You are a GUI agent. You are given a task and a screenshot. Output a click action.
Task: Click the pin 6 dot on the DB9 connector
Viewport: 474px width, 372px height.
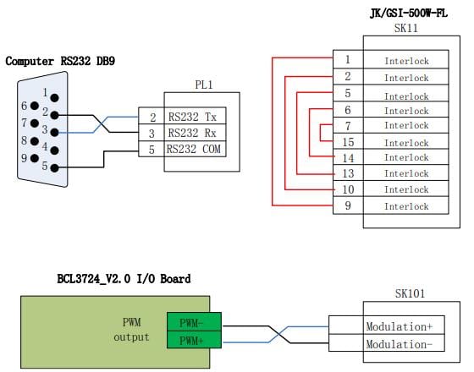tap(35, 106)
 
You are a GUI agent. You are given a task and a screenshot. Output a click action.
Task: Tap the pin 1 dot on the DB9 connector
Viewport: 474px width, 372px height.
tap(55, 98)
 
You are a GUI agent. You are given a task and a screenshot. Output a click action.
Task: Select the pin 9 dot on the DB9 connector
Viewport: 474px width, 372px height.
tap(35, 158)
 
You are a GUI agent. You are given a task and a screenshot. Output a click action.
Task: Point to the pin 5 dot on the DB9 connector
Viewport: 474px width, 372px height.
tap(54, 168)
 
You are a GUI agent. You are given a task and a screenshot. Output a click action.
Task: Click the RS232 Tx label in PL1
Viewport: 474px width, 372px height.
tap(192, 117)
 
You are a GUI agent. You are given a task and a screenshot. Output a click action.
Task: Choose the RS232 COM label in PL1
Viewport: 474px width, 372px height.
tap(194, 149)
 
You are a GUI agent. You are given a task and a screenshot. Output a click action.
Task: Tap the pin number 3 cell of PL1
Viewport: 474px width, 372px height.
tap(152, 134)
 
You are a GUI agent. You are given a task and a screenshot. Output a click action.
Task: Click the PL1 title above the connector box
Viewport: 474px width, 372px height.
tap(204, 85)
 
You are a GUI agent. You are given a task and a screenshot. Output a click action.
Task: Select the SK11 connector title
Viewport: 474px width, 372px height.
tap(406, 28)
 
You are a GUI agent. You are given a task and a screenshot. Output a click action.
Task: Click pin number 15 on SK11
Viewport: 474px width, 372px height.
tap(348, 142)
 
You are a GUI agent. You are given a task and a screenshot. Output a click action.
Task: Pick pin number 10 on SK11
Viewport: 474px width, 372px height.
tap(348, 189)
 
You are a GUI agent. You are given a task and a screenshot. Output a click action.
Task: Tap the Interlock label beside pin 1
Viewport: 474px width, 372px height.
tap(406, 61)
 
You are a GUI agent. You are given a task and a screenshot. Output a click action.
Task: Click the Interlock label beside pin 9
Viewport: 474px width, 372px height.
tap(406, 206)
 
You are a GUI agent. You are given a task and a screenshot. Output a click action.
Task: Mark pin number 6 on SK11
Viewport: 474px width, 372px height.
tap(348, 110)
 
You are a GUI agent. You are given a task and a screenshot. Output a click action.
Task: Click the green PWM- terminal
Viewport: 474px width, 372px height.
tap(194, 322)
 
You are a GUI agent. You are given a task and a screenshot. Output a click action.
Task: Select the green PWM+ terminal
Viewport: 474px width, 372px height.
tap(194, 340)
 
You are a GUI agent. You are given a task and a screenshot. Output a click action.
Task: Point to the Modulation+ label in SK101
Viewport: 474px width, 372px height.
tap(400, 326)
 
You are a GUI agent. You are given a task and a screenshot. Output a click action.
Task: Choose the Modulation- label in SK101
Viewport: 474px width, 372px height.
tap(400, 344)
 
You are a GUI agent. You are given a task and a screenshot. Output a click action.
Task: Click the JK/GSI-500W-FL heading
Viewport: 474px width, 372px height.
tap(408, 14)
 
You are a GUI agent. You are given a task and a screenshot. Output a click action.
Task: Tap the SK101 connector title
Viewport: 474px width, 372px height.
tap(410, 293)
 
